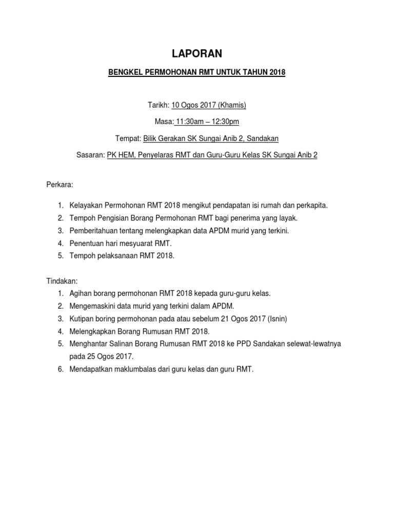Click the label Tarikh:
(158, 105)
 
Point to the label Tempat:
(129, 138)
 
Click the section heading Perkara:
(61, 183)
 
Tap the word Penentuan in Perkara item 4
(86, 243)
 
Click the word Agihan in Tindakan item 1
(80, 293)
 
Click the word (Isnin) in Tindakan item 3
(276, 318)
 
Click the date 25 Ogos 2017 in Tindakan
(110, 356)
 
